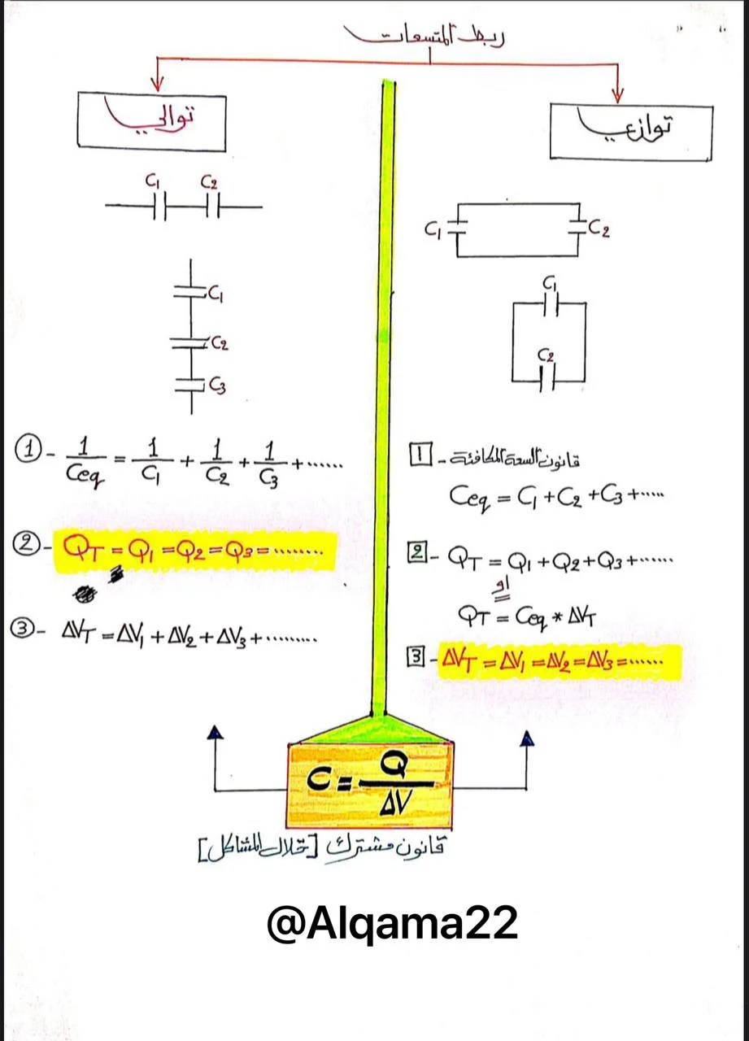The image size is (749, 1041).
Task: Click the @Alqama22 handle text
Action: (x=391, y=923)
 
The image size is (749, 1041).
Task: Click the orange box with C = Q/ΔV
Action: (x=370, y=783)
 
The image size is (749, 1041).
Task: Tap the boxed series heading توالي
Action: (x=151, y=122)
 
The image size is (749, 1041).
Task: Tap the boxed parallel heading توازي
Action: (x=630, y=131)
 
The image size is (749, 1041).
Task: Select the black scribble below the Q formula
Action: (x=85, y=596)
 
